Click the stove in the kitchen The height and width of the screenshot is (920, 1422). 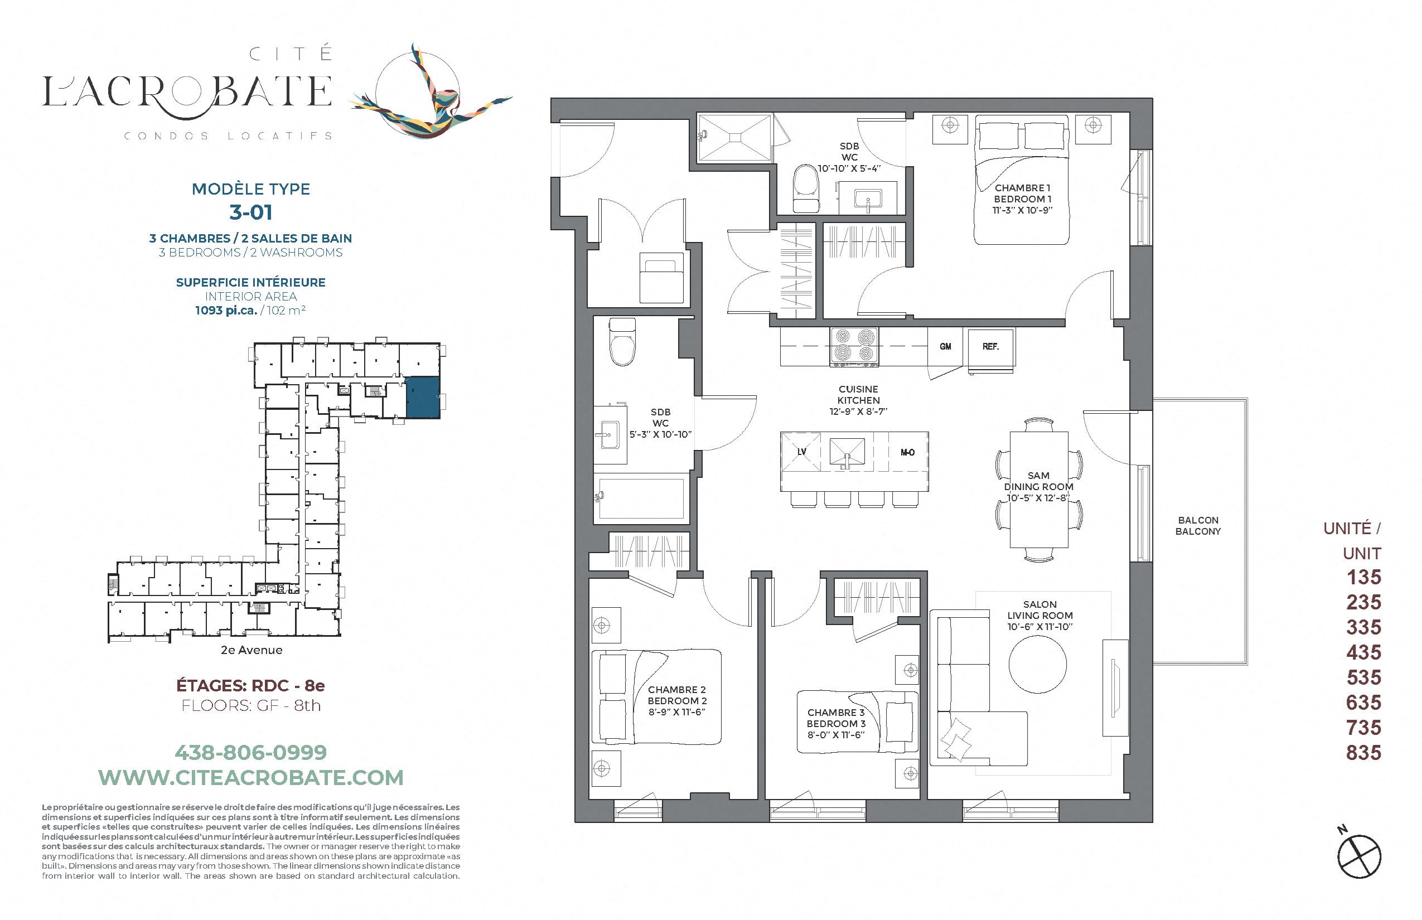pos(854,346)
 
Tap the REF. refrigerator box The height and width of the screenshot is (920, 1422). pos(990,348)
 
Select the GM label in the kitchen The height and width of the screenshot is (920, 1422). pos(945,346)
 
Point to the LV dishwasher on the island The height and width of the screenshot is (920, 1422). pos(802,452)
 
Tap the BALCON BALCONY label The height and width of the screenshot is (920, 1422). pos(1198,526)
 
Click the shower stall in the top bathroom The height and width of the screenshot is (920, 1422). pos(735,138)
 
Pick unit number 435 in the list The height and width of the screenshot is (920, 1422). pos(1363,652)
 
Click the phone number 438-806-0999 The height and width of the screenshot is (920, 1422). pos(251,752)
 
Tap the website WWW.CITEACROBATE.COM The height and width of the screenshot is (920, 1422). pos(251,778)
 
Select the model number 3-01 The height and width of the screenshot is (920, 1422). pos(251,212)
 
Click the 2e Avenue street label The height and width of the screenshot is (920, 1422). pos(251,650)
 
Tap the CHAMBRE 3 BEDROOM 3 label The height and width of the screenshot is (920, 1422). pos(836,724)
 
